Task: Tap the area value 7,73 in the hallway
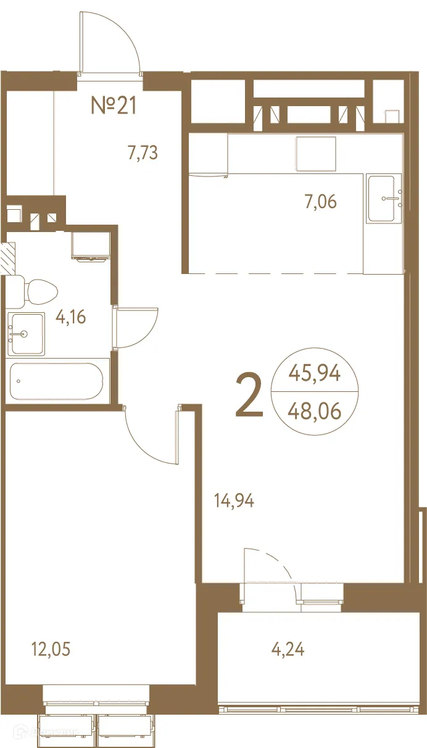click(x=143, y=152)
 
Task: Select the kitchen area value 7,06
click(x=321, y=201)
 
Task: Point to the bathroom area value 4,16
click(x=70, y=318)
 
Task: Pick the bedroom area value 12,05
click(x=50, y=649)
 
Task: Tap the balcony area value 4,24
click(x=288, y=649)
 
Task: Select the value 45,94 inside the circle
click(x=314, y=373)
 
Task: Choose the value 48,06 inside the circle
click(x=314, y=410)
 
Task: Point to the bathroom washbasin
click(x=26, y=334)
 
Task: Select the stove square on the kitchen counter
click(x=316, y=154)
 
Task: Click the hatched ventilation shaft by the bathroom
click(x=8, y=259)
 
